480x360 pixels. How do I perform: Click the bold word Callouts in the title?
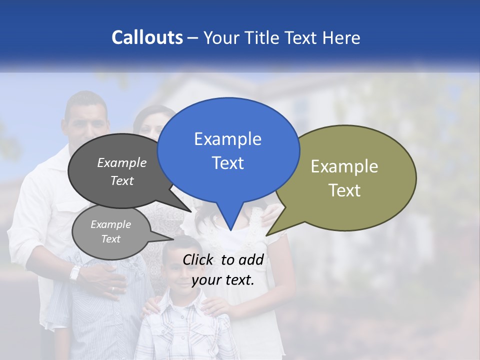(x=147, y=37)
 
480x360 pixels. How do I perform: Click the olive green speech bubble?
(x=345, y=177)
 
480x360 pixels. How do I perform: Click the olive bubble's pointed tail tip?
(x=267, y=234)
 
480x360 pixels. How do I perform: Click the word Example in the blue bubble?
(x=227, y=139)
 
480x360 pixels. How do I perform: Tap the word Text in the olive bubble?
(x=344, y=190)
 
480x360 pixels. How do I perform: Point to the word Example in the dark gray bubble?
(x=122, y=162)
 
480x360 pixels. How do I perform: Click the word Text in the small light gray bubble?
(x=111, y=239)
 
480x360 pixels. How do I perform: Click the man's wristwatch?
(x=75, y=272)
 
